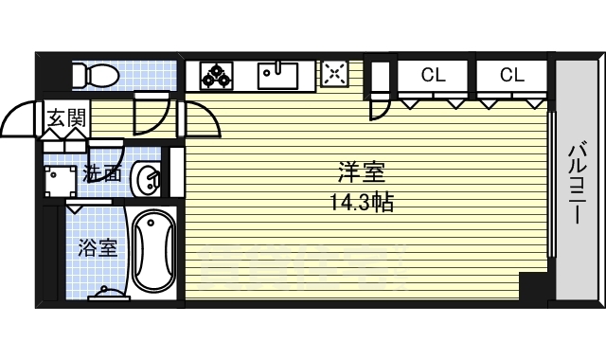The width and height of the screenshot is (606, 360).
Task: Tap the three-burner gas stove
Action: pyautogui.click(x=217, y=74)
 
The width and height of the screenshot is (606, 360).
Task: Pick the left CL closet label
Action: pyautogui.click(x=433, y=75)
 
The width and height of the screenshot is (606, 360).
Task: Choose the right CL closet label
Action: pyautogui.click(x=511, y=75)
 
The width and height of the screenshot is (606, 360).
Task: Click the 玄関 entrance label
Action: pyautogui.click(x=66, y=119)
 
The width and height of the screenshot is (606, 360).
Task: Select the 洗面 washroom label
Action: pyautogui.click(x=101, y=173)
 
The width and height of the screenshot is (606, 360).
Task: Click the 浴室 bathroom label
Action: pyautogui.click(x=98, y=248)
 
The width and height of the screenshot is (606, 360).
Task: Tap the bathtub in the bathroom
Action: pyautogui.click(x=152, y=253)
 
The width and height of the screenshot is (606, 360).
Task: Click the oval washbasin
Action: pyautogui.click(x=148, y=176)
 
